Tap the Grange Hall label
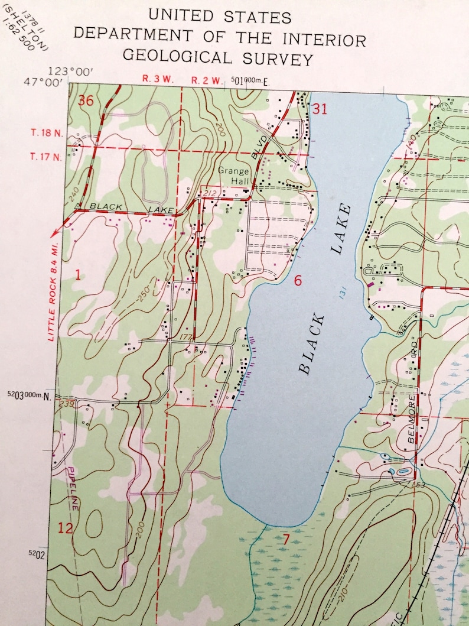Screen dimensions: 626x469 (234, 176)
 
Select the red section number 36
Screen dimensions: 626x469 (86, 100)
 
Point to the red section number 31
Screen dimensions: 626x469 (320, 109)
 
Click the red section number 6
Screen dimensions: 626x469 (298, 280)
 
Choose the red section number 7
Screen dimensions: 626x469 (286, 539)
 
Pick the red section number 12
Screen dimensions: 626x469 (65, 528)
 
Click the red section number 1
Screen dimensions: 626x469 (77, 274)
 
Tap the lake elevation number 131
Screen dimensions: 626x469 (342, 291)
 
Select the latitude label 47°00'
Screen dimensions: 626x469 (43, 83)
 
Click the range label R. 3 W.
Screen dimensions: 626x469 (158, 79)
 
